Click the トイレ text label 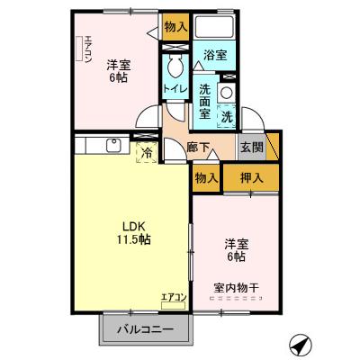[175, 88]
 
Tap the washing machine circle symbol [227, 92]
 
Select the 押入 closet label [251, 177]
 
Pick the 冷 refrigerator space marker [145, 153]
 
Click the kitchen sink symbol [115, 145]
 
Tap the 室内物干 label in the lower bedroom [236, 288]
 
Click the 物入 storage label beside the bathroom [175, 27]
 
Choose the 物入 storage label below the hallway [206, 178]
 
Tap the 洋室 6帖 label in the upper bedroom [118, 71]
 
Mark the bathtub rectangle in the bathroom [214, 27]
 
